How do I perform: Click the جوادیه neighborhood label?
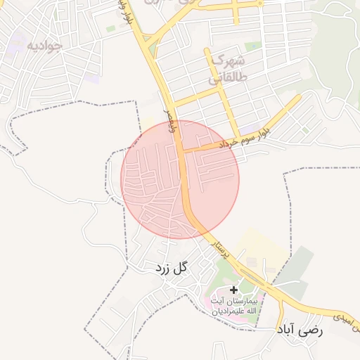coord(44,46)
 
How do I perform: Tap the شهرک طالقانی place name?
coord(226,68)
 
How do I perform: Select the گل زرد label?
coord(172,267)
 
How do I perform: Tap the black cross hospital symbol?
coord(233,289)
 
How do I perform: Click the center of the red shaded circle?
coord(181,179)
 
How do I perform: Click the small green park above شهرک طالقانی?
coord(253,46)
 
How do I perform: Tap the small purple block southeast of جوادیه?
coord(92,79)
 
